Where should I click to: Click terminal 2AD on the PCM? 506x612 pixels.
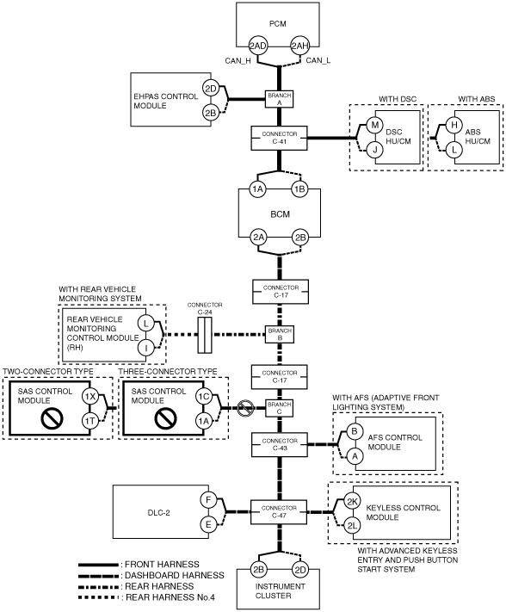click(x=258, y=46)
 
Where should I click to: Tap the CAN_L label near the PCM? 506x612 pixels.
click(x=318, y=60)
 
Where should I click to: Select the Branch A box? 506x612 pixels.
click(x=280, y=99)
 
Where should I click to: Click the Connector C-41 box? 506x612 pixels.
click(x=280, y=138)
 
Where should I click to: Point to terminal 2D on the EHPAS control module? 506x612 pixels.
click(x=211, y=89)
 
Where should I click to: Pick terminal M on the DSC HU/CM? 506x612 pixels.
click(x=375, y=125)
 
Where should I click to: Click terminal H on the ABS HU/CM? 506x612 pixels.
click(x=454, y=125)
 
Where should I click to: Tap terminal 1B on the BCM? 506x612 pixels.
click(x=299, y=189)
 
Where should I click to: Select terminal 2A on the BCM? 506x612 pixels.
click(x=258, y=238)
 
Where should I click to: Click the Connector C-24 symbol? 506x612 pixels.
click(x=205, y=335)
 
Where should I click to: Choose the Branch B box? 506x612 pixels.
click(x=280, y=334)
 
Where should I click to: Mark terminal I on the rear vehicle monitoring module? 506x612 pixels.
click(x=146, y=347)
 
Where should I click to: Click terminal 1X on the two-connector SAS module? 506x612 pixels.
click(x=90, y=397)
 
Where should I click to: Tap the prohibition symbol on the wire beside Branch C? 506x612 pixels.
click(x=246, y=408)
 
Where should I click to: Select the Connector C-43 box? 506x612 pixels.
click(x=280, y=444)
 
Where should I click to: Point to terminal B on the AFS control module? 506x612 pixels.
click(x=355, y=431)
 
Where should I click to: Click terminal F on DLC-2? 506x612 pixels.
click(x=208, y=500)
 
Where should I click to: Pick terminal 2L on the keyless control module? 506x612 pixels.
click(x=352, y=526)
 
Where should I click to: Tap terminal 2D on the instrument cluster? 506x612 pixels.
click(x=300, y=570)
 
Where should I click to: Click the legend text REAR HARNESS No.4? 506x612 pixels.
click(x=170, y=597)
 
